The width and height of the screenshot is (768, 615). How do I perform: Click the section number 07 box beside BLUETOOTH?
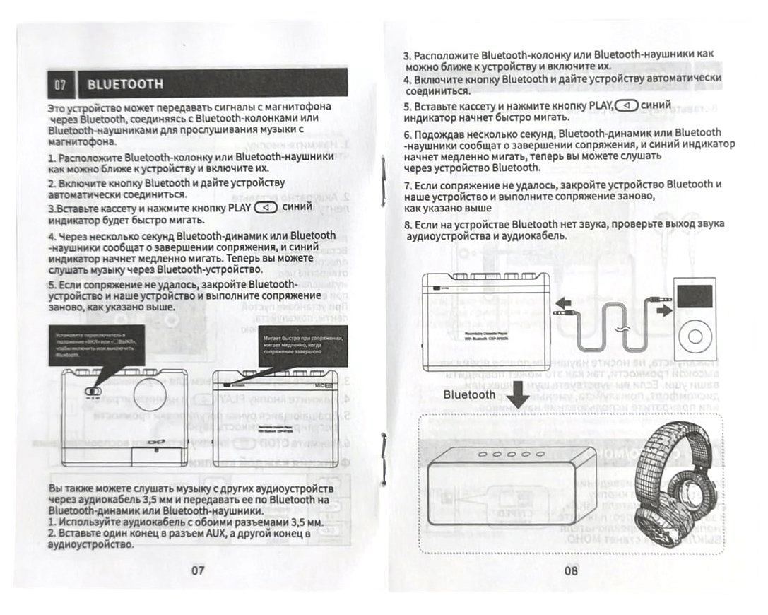point(60,85)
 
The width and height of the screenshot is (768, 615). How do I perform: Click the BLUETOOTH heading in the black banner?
point(125,85)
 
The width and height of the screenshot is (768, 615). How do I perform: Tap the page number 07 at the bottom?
point(197,570)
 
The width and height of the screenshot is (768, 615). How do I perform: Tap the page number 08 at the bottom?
point(571,570)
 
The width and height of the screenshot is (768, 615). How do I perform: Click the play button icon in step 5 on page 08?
point(626,106)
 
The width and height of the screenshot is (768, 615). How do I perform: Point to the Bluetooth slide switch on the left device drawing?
point(92,392)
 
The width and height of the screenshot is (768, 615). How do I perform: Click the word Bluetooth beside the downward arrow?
point(470,394)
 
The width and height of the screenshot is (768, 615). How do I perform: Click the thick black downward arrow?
point(519,394)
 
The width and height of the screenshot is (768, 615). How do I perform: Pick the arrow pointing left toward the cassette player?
point(562,305)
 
